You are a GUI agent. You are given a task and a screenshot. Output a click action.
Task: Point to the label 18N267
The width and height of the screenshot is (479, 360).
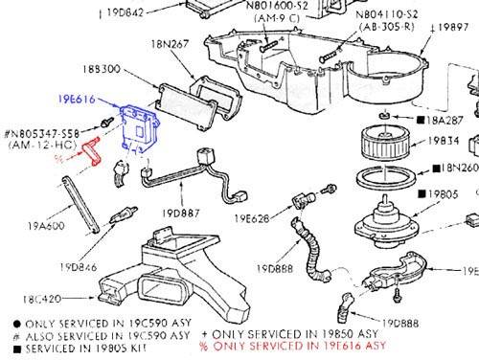[x=171, y=45]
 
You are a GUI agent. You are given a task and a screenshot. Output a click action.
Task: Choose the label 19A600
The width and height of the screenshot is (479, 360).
[x=46, y=227]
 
